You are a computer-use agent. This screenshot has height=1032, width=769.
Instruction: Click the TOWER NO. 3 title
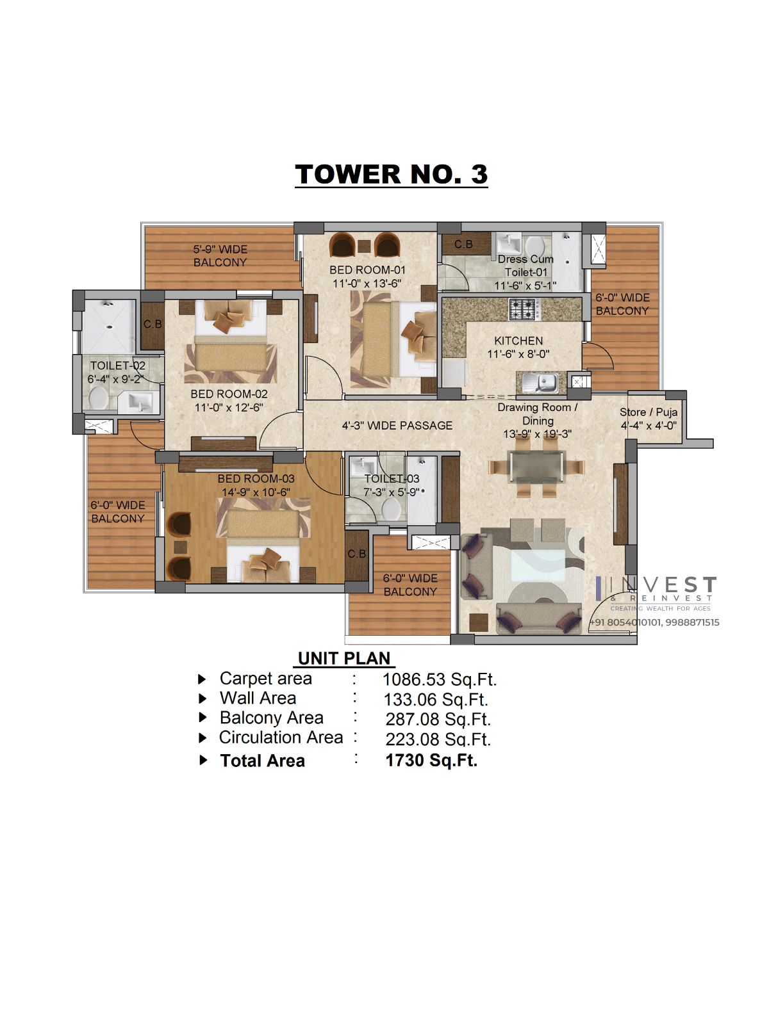(392, 175)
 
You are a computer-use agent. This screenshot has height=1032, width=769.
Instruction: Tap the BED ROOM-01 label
(367, 270)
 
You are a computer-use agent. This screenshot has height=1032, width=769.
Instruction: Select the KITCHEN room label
(518, 341)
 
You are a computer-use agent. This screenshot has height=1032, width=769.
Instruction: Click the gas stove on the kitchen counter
(525, 309)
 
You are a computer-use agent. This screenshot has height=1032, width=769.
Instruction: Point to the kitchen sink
(541, 382)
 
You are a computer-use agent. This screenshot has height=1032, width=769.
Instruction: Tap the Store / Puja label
(649, 412)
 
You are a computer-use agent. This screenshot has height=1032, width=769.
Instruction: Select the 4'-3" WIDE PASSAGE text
(397, 426)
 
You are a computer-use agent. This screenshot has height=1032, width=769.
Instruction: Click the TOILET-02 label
(118, 366)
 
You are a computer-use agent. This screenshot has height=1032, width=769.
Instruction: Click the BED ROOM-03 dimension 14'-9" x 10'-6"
(256, 492)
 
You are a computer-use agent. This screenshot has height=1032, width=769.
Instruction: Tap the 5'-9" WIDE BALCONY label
(220, 256)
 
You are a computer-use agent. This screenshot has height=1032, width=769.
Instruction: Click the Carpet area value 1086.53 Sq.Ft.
(439, 680)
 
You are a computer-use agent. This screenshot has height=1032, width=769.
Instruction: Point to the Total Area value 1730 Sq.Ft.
(431, 761)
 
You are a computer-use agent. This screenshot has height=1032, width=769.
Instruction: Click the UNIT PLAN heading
(344, 658)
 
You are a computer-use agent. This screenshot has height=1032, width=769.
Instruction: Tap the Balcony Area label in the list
(272, 718)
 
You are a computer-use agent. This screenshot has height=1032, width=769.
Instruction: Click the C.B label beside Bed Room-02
(153, 324)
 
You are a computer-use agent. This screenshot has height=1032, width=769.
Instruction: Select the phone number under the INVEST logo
(654, 622)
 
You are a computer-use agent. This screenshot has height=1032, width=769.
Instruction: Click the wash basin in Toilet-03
(364, 466)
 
